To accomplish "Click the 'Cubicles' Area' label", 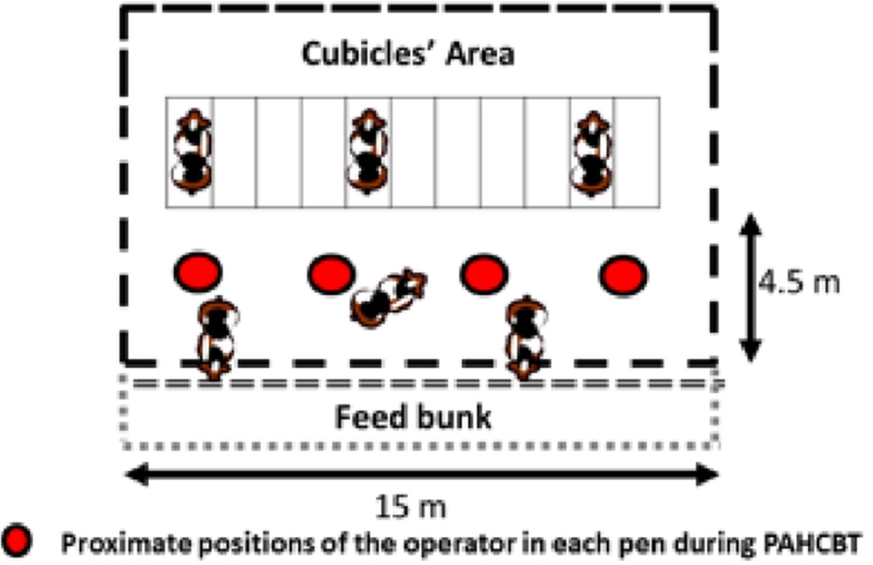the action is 408,55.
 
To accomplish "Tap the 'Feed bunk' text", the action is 413,417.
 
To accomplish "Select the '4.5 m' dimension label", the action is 799,282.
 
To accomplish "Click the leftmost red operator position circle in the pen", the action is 198,273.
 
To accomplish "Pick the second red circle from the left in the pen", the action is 332,274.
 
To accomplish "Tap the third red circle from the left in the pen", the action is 484,274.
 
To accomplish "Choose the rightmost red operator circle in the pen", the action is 623,275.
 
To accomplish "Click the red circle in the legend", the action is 16,540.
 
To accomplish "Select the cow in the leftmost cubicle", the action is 192,152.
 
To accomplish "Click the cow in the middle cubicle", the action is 367,152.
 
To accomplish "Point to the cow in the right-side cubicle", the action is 592,153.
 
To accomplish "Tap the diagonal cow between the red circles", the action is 388,297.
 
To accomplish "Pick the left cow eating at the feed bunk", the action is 217,338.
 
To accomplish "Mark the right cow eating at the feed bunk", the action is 526,338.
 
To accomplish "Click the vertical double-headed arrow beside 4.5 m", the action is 750,287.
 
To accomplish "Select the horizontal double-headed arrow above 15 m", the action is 422,475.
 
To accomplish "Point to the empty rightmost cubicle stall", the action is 637,153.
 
